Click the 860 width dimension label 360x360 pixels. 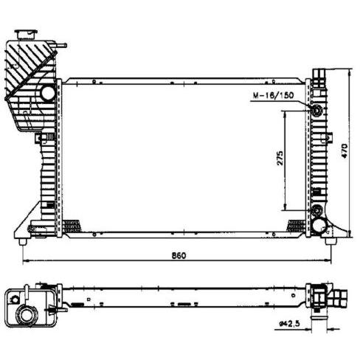click(x=179, y=255)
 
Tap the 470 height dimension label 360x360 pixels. click(x=345, y=150)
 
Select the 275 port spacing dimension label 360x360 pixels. click(x=280, y=158)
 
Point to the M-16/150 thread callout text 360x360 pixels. click(x=273, y=95)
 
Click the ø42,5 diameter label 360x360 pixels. click(x=290, y=324)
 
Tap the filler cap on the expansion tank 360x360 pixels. click(x=26, y=34)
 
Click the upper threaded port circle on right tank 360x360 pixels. click(x=316, y=110)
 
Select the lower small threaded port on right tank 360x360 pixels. click(x=316, y=210)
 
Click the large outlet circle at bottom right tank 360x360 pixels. click(x=319, y=226)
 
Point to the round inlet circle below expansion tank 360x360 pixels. click(x=48, y=93)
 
